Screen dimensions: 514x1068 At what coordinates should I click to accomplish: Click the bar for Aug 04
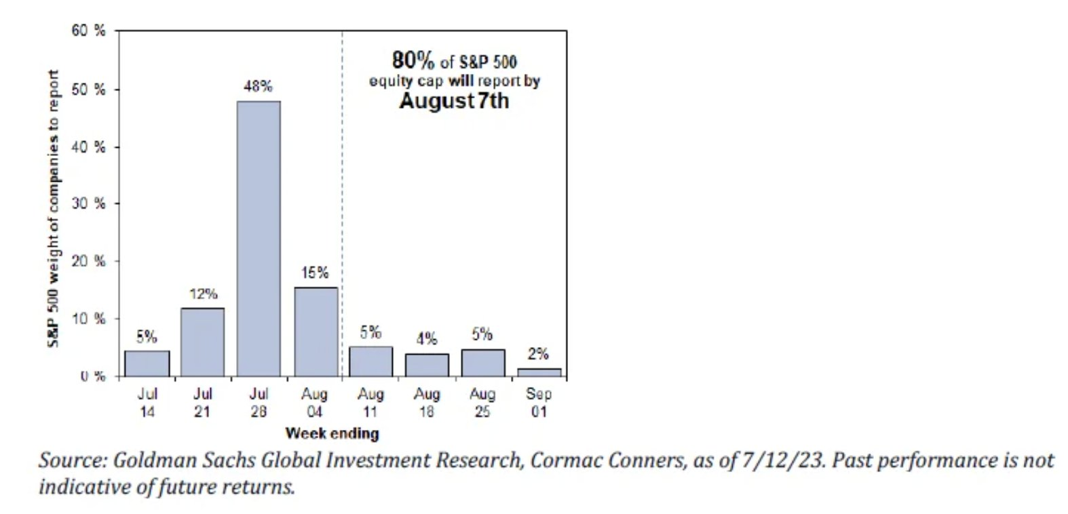(x=315, y=332)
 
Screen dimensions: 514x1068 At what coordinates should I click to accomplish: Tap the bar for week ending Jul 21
(x=202, y=342)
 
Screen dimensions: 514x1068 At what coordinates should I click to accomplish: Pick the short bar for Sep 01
(x=539, y=372)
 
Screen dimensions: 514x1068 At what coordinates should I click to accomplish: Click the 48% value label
(x=258, y=86)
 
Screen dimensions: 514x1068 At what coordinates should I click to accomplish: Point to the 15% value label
(x=315, y=273)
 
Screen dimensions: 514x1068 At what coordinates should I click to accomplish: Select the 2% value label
(x=538, y=353)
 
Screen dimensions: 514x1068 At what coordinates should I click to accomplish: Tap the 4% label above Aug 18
(x=427, y=338)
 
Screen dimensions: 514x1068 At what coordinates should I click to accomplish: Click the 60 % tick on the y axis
(x=89, y=31)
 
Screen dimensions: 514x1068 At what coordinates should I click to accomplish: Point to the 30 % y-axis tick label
(x=89, y=203)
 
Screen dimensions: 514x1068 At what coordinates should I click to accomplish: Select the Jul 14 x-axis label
(x=147, y=402)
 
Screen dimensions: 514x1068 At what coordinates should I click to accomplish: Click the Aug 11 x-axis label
(x=371, y=402)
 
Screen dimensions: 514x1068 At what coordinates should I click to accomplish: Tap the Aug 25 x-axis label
(x=482, y=402)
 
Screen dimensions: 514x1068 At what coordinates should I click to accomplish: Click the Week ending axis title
(x=332, y=433)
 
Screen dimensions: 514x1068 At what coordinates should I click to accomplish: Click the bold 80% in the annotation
(x=413, y=60)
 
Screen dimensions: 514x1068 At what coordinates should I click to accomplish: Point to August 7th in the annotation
(x=453, y=102)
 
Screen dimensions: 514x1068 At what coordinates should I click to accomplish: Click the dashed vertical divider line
(x=342, y=203)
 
